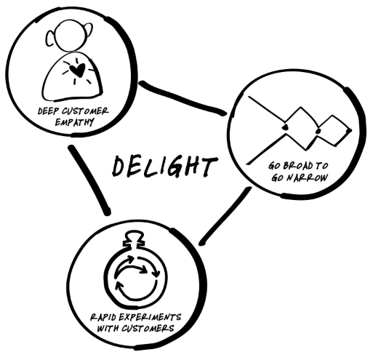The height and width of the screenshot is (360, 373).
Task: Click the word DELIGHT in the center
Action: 165,167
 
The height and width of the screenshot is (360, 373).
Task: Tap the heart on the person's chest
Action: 77,69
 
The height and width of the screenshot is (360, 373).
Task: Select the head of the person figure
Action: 71,36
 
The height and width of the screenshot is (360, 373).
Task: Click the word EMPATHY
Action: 74,122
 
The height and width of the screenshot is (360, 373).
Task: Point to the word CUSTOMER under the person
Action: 85,111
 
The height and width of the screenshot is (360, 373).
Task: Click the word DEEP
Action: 49,111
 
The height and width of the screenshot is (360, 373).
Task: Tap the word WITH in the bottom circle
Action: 108,329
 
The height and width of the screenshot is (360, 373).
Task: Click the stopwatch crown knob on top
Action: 134,239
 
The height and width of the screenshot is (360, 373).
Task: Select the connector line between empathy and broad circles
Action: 183,99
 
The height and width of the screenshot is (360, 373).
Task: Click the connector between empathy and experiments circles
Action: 89,180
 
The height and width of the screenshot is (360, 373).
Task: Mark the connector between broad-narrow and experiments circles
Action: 225,216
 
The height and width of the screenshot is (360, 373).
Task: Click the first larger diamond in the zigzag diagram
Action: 301,128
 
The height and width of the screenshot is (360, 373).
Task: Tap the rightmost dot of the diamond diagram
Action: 349,131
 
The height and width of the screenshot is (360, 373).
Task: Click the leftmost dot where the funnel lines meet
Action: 285,127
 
